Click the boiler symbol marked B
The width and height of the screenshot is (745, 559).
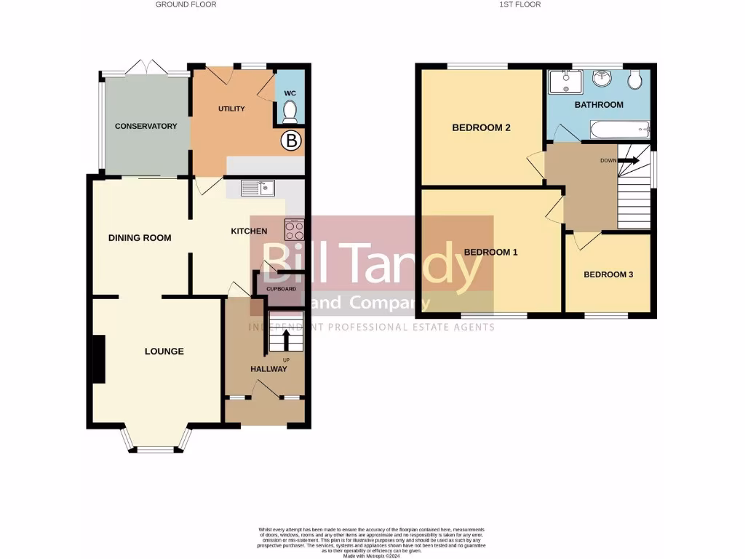click(x=291, y=141)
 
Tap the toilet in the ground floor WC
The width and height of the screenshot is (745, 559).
click(x=290, y=111)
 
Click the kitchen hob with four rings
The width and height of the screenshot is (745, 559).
click(x=295, y=230)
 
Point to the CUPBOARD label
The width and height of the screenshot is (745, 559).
click(x=281, y=289)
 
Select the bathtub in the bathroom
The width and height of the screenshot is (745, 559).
click(x=618, y=130)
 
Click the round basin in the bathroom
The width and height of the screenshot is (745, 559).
click(x=602, y=78)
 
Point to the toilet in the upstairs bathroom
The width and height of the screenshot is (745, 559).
click(x=635, y=78)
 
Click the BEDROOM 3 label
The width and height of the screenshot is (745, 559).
click(x=608, y=274)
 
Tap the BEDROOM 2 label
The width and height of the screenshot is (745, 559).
click(x=481, y=127)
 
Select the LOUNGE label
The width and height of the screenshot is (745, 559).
click(x=164, y=351)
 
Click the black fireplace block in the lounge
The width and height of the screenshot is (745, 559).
click(x=98, y=359)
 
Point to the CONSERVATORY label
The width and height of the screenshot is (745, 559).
click(x=146, y=126)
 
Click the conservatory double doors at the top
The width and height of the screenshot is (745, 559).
click(x=146, y=68)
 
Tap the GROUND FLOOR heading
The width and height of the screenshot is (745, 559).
click(x=186, y=4)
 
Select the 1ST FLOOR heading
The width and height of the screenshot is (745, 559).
click(x=519, y=4)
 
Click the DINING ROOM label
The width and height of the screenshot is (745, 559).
click(x=140, y=237)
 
